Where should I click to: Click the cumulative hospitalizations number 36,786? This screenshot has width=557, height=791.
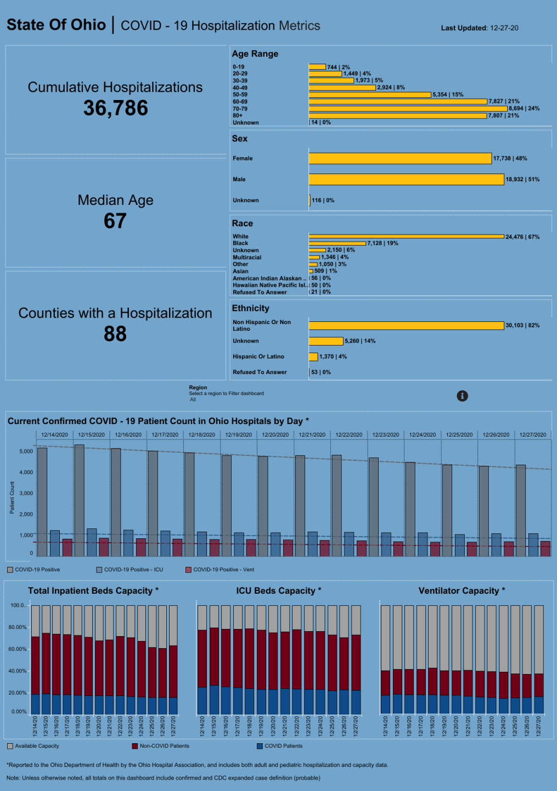pyautogui.click(x=115, y=108)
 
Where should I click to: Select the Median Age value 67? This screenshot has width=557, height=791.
pyautogui.click(x=115, y=221)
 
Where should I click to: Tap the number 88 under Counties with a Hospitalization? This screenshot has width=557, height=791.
pyautogui.click(x=115, y=334)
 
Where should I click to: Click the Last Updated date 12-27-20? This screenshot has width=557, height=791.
pyautogui.click(x=504, y=28)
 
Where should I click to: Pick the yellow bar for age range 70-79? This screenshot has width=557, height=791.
pyautogui.click(x=408, y=109)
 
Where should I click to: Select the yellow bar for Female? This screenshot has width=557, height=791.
pyautogui.click(x=400, y=159)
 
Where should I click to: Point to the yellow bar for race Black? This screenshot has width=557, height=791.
pyautogui.click(x=337, y=243)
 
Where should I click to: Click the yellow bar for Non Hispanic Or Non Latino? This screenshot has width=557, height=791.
pyautogui.click(x=406, y=326)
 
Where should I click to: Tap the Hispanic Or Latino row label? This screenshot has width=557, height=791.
pyautogui.click(x=258, y=357)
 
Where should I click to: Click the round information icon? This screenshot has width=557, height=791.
pyautogui.click(x=463, y=396)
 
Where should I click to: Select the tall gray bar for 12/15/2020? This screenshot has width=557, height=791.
pyautogui.click(x=80, y=500)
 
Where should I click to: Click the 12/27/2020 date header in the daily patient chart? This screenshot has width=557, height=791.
pyautogui.click(x=533, y=435)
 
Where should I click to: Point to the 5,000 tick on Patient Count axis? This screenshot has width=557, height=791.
pyautogui.click(x=26, y=452)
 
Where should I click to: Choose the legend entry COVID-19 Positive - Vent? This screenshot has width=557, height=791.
pyautogui.click(x=220, y=570)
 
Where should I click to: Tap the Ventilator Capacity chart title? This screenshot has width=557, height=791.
pyautogui.click(x=462, y=591)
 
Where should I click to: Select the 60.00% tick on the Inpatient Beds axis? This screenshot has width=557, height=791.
pyautogui.click(x=18, y=649)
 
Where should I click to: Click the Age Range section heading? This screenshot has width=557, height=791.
pyautogui.click(x=255, y=54)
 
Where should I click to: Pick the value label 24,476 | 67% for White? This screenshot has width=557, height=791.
pyautogui.click(x=522, y=237)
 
